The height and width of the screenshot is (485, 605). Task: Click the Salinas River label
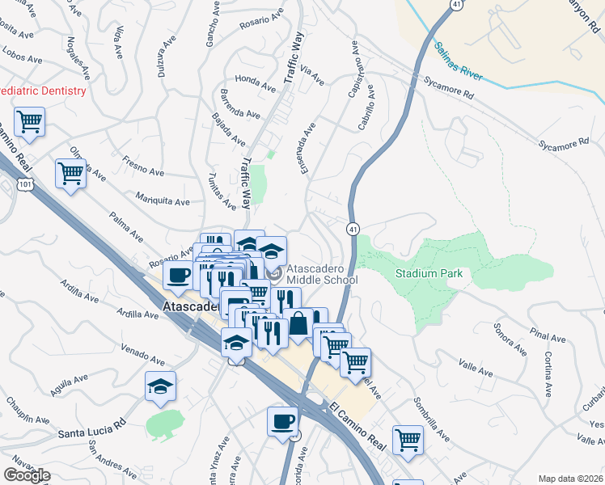[458, 62]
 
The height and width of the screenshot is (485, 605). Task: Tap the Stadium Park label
[429, 273]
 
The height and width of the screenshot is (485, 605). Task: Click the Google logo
[27, 475]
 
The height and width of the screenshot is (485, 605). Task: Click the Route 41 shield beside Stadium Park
[353, 230]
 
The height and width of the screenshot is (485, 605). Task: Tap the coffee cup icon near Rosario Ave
[178, 274]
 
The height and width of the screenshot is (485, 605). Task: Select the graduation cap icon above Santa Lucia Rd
[160, 387]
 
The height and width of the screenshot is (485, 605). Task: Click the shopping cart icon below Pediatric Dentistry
[30, 122]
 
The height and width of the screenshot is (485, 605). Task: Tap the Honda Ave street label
[256, 79]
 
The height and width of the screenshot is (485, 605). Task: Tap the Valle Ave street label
[476, 369]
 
